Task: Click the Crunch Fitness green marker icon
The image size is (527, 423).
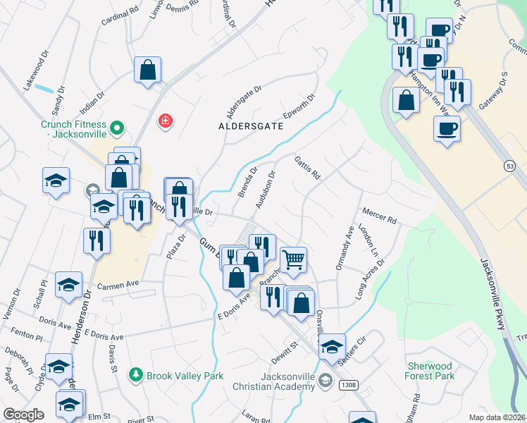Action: click(118, 128)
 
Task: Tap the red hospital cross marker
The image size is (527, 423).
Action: click(166, 121)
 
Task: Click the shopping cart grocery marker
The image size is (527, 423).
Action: click(294, 259)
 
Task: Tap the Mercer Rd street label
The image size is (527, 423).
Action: click(380, 216)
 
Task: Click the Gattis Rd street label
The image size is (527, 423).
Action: click(308, 168)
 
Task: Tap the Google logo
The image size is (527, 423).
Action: click(24, 415)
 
